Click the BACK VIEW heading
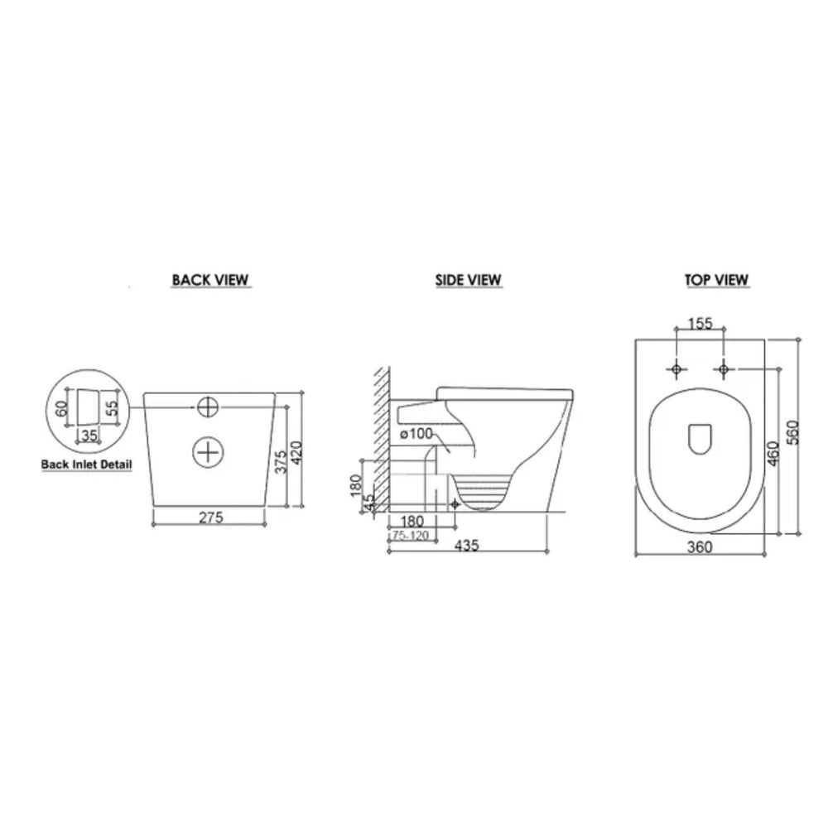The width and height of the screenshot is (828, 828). pos(210,280)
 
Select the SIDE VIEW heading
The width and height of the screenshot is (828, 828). pos(469,280)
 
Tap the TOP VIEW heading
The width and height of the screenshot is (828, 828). pos(716,280)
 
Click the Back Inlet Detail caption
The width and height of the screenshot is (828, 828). pos(87,465)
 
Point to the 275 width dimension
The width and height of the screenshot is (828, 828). pos(211,517)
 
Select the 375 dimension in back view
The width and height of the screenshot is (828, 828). pos(282,461)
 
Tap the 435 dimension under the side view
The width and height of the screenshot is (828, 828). pos(467,545)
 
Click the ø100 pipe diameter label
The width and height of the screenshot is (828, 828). pos(416,434)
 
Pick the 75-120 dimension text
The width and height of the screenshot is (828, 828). pos(411,536)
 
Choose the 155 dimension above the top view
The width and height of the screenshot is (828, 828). pos(700,323)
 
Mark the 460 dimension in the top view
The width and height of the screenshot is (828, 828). pos(773,453)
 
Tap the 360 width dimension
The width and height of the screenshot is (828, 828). pos(700,547)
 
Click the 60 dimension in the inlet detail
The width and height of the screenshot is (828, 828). pos(62,407)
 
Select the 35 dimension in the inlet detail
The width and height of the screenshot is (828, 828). pos(89,436)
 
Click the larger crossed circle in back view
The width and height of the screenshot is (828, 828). pos(208,452)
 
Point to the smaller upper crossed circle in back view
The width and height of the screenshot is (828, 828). pos(208,407)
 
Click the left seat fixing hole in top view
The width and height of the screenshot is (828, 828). pos(676,369)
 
